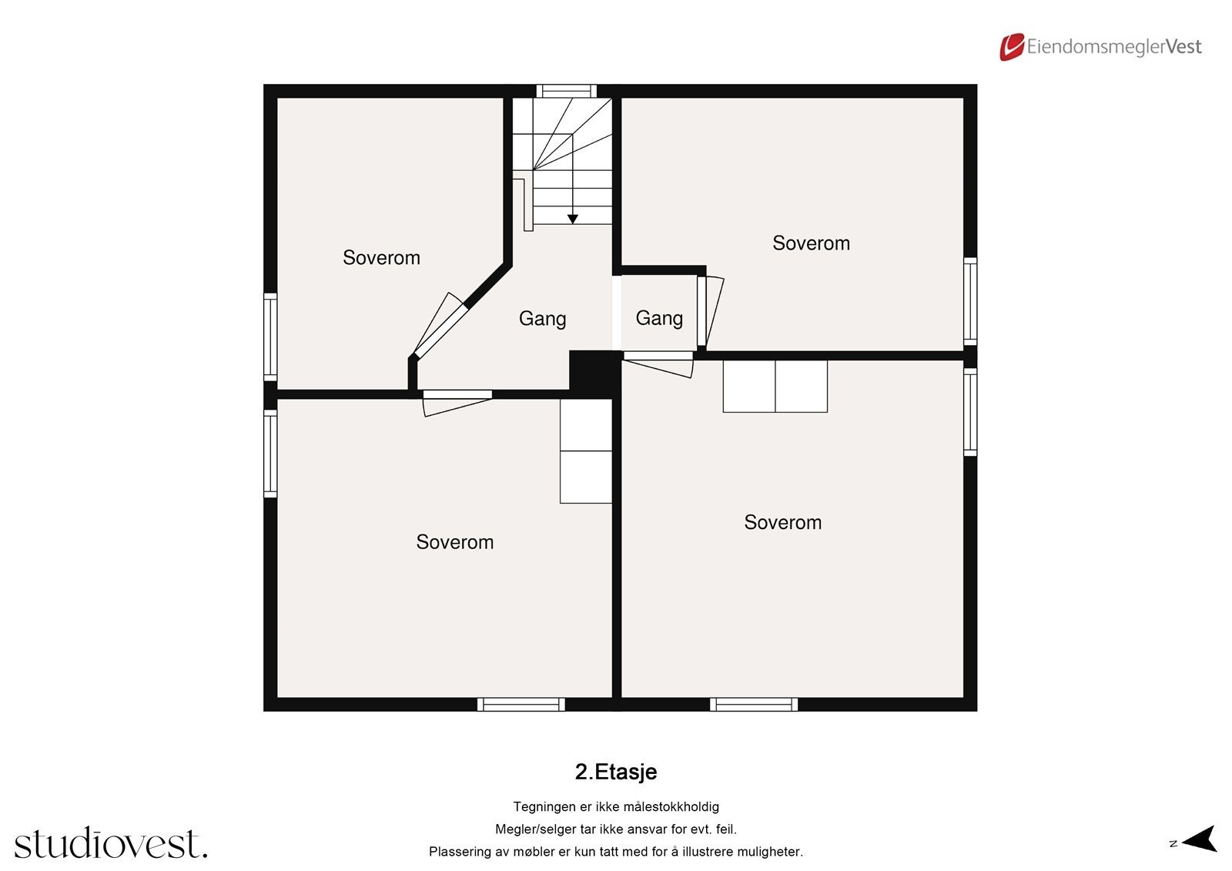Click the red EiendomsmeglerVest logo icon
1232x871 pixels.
pyautogui.click(x=1011, y=47)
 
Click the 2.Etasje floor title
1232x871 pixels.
pyautogui.click(x=615, y=772)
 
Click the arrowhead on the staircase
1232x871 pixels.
pyautogui.click(x=572, y=219)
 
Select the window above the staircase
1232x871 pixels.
pyautogui.click(x=566, y=91)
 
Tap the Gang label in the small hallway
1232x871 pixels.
pyautogui.click(x=659, y=318)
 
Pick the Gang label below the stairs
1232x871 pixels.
pyautogui.click(x=542, y=319)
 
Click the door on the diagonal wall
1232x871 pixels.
pyautogui.click(x=440, y=327)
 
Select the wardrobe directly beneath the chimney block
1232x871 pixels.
pyautogui.click(x=586, y=451)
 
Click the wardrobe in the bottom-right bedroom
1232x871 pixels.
pyautogui.click(x=775, y=386)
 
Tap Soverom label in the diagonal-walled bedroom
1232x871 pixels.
pyautogui.click(x=381, y=258)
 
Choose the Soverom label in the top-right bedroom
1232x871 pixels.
pyautogui.click(x=811, y=243)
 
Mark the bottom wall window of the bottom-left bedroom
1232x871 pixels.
pyautogui.click(x=521, y=704)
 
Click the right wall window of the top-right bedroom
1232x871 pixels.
pyautogui.click(x=970, y=301)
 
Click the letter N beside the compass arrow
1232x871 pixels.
pyautogui.click(x=1173, y=844)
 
